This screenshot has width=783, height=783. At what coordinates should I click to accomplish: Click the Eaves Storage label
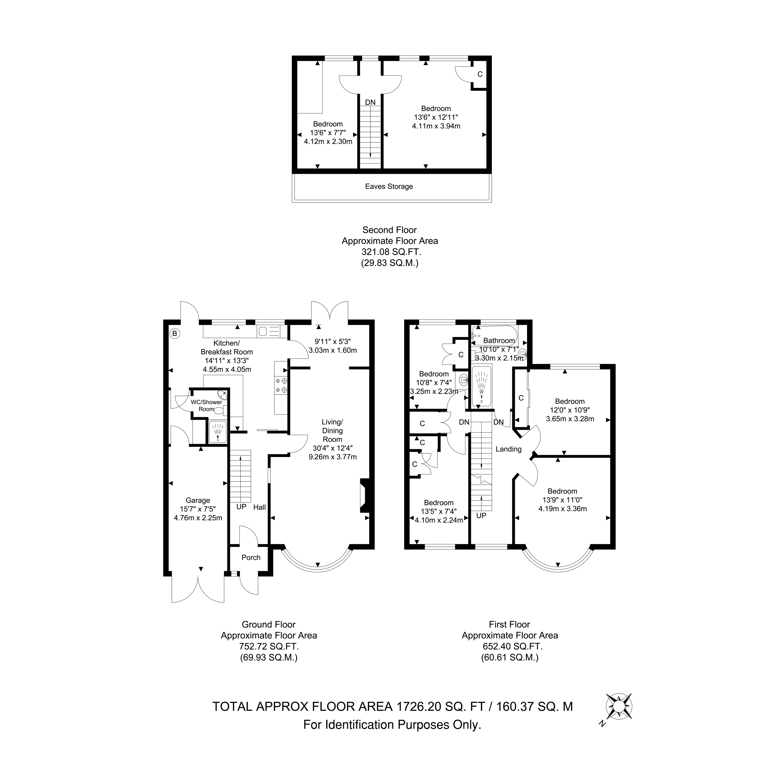[389, 186]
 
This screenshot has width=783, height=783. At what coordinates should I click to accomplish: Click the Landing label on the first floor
[508, 449]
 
